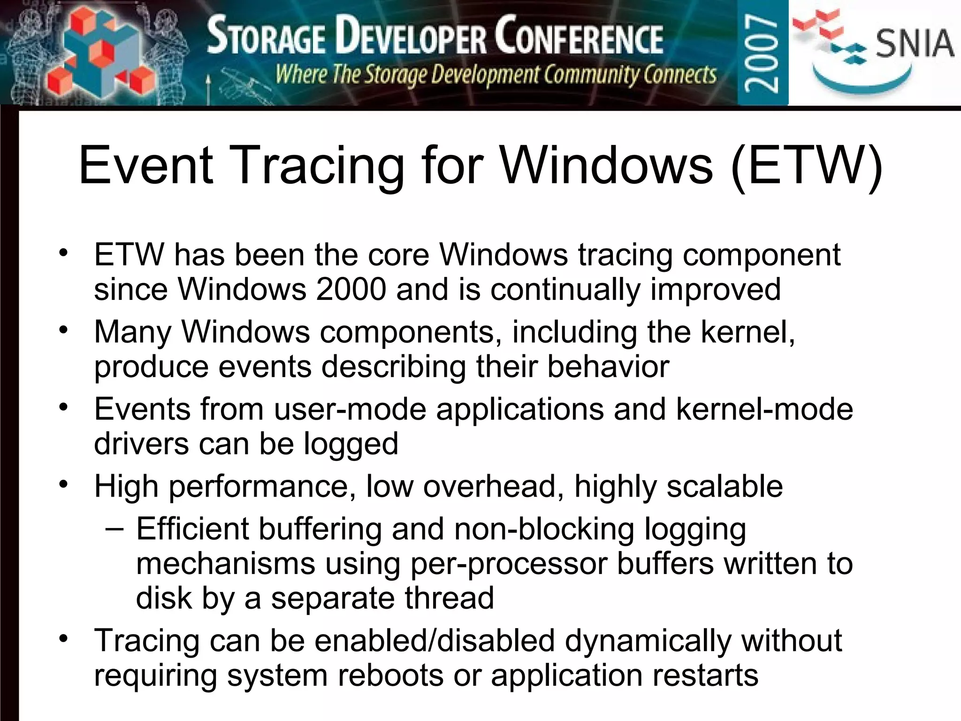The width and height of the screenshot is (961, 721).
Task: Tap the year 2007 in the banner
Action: [762, 53]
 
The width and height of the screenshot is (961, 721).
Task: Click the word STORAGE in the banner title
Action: [266, 37]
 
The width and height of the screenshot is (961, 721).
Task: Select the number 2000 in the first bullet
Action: [351, 289]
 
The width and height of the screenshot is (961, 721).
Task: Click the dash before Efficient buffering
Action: [115, 529]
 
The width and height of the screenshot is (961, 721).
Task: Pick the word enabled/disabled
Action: [434, 641]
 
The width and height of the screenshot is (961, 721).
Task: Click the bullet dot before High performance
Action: [64, 483]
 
